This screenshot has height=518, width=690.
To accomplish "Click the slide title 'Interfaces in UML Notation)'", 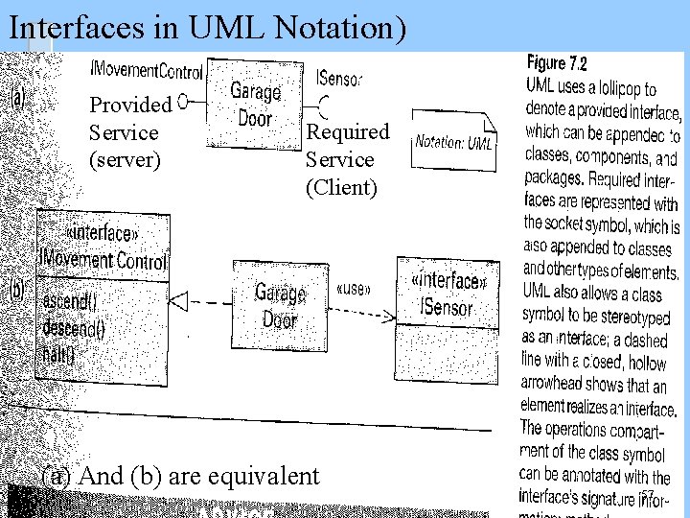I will point(207,28).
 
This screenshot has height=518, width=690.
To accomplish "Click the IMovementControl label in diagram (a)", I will point(146,71).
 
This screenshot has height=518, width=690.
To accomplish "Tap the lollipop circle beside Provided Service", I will point(182,99).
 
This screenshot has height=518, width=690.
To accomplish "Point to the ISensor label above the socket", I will point(338,77).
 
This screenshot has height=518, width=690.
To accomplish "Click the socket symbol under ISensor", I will point(325,102).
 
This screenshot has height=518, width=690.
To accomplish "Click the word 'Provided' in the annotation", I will point(129,105).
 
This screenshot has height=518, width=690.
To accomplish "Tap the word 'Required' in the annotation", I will point(348,131).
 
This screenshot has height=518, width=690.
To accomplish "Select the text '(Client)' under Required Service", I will point(342,187).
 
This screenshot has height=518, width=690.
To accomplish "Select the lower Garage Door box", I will point(280,306).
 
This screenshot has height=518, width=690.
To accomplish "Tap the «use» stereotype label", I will point(355,289).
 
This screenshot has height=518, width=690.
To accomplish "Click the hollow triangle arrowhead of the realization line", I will point(177,301).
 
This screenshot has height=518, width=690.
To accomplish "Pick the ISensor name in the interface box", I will point(447,308).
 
